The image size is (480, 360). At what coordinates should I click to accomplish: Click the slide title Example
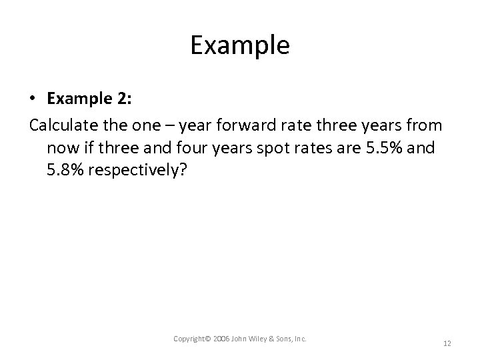point(239,45)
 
